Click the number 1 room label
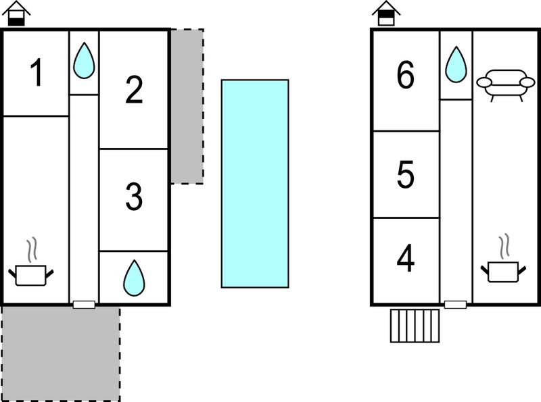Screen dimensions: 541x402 (36, 72)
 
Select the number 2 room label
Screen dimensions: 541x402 (134, 90)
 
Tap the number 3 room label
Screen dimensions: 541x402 (134, 197)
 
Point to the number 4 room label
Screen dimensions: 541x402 (405, 258)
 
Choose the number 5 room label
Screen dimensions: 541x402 (405, 174)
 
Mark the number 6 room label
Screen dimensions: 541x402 (405, 74)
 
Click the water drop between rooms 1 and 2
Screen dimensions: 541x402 (84, 60)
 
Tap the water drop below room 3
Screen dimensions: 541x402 (134, 278)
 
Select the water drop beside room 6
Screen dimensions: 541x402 (456, 64)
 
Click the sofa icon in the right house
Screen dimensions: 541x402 (505, 85)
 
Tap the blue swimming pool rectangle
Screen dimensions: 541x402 (255, 183)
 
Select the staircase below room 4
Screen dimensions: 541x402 (415, 326)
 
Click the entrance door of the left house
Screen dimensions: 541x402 (84, 305)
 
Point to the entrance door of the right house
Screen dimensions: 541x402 (455, 305)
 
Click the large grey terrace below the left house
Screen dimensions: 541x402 (61, 354)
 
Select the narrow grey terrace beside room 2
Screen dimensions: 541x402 (187, 106)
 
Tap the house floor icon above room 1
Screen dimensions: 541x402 (16, 14)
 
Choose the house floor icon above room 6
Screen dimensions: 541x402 (386, 14)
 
